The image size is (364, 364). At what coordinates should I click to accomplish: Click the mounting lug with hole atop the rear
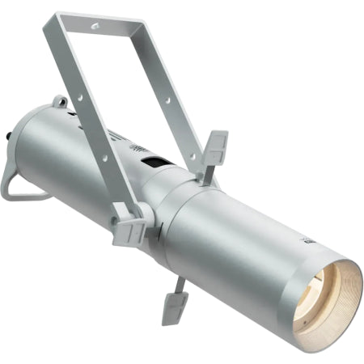click(x=58, y=102)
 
